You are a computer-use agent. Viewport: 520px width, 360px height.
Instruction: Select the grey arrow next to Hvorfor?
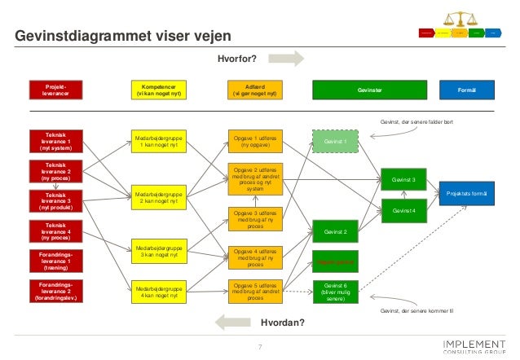(x=286, y=59)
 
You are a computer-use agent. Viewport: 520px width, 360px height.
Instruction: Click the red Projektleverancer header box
(x=55, y=90)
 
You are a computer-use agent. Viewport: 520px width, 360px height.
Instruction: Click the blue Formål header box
(x=467, y=90)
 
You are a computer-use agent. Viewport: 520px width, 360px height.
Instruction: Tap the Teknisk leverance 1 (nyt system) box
(x=55, y=142)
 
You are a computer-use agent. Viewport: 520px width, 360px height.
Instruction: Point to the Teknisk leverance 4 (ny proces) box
(x=55, y=231)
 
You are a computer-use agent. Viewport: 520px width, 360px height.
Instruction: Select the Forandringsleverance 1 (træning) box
(x=55, y=261)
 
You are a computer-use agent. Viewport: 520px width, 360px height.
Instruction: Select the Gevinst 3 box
(x=403, y=179)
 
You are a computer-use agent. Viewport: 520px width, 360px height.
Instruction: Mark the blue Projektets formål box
(x=467, y=193)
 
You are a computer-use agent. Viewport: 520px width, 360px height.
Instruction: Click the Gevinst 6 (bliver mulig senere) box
(x=335, y=292)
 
